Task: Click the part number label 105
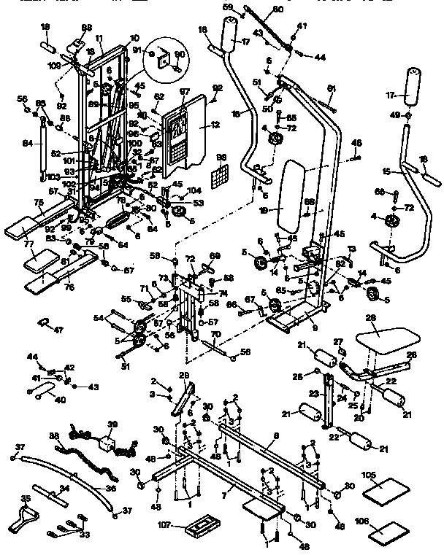click(x=370, y=475)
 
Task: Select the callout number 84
click(x=28, y=143)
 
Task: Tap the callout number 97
click(x=184, y=92)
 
